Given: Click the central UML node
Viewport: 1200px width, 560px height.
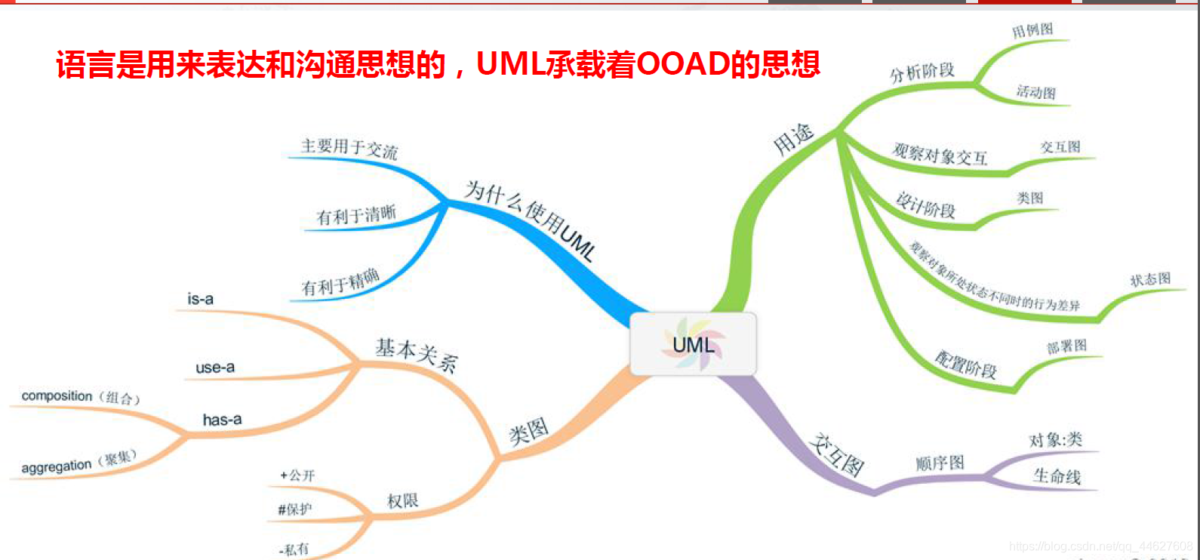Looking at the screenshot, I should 693,345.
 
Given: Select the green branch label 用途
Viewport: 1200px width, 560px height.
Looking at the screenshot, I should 793,139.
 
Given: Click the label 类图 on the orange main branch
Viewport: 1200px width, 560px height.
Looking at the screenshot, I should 528,432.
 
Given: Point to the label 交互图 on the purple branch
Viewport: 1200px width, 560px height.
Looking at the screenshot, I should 837,454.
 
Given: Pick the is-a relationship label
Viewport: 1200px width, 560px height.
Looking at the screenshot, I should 200,299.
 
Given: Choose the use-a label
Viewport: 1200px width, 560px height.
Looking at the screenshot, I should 215,368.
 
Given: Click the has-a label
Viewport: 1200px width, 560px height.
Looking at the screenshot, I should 222,420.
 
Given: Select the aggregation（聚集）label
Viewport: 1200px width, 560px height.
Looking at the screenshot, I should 79,463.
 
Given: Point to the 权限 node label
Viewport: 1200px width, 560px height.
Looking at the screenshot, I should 402,501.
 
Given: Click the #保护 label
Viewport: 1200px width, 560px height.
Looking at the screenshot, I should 295,509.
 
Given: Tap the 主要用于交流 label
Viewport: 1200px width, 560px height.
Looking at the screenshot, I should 349,147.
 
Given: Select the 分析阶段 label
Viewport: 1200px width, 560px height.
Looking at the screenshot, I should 922,72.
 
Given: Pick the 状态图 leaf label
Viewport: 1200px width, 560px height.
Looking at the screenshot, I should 1149,280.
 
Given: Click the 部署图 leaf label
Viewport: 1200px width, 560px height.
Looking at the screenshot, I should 1066,346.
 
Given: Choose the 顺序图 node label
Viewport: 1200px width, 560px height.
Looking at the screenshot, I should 940,463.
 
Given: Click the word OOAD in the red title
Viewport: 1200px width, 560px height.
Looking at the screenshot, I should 683,65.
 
